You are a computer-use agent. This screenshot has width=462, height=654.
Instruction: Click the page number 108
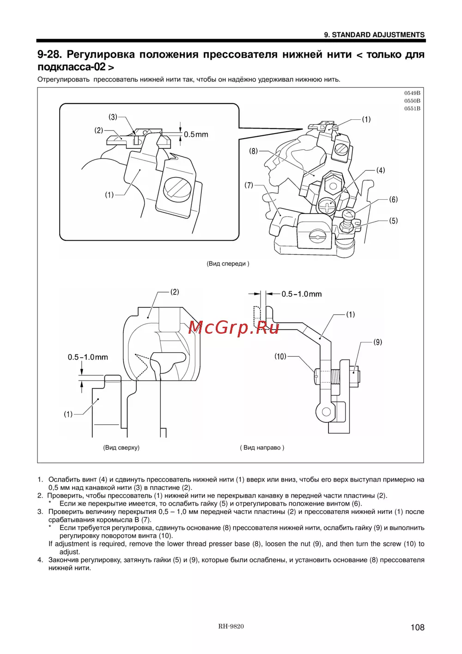(x=417, y=627)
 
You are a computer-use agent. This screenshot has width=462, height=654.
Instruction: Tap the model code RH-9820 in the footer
(x=231, y=626)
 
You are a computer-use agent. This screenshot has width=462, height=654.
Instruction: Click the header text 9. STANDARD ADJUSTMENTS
(x=374, y=35)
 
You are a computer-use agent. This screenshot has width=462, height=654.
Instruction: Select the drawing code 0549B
(x=412, y=93)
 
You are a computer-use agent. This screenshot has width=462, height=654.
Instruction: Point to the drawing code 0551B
(x=412, y=109)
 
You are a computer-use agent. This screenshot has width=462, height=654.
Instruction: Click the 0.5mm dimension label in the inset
(x=196, y=134)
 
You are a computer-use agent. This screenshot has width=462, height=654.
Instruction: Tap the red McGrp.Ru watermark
(x=234, y=327)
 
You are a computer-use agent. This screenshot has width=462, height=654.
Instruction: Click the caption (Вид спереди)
(x=228, y=264)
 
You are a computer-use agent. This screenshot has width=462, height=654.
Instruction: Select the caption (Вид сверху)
(x=121, y=447)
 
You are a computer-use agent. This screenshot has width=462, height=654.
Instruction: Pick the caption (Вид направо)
(x=262, y=447)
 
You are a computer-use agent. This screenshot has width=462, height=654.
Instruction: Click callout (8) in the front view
(x=253, y=151)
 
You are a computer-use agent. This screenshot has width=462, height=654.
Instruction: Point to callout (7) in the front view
(x=249, y=185)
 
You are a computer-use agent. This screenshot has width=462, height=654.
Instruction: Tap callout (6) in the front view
(x=393, y=200)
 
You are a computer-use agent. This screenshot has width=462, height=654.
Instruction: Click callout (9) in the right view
(x=378, y=342)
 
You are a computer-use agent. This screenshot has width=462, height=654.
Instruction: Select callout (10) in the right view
(x=280, y=356)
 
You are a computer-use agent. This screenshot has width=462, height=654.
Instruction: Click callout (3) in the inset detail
(x=113, y=117)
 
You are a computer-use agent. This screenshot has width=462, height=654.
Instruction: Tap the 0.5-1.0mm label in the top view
(x=88, y=357)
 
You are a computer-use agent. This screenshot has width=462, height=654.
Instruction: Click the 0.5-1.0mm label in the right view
(x=302, y=294)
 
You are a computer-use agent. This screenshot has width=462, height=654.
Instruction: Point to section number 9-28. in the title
(x=49, y=55)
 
